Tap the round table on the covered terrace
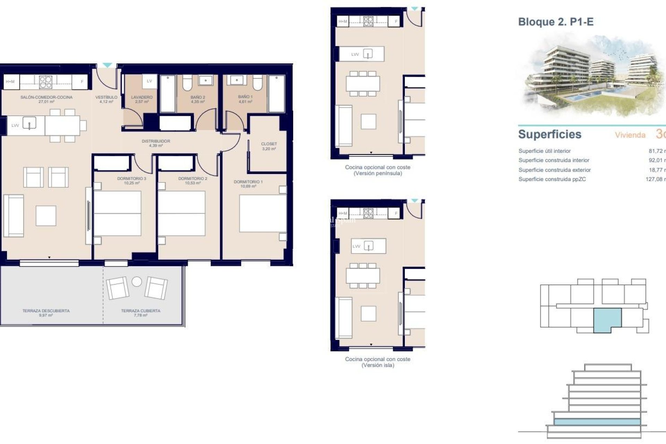click(137, 282)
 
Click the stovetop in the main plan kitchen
click(45, 82)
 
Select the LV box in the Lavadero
click(150, 81)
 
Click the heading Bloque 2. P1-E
click(556, 22)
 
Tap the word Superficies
click(549, 134)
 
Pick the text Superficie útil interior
click(544, 151)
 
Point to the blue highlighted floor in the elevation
click(597, 422)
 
